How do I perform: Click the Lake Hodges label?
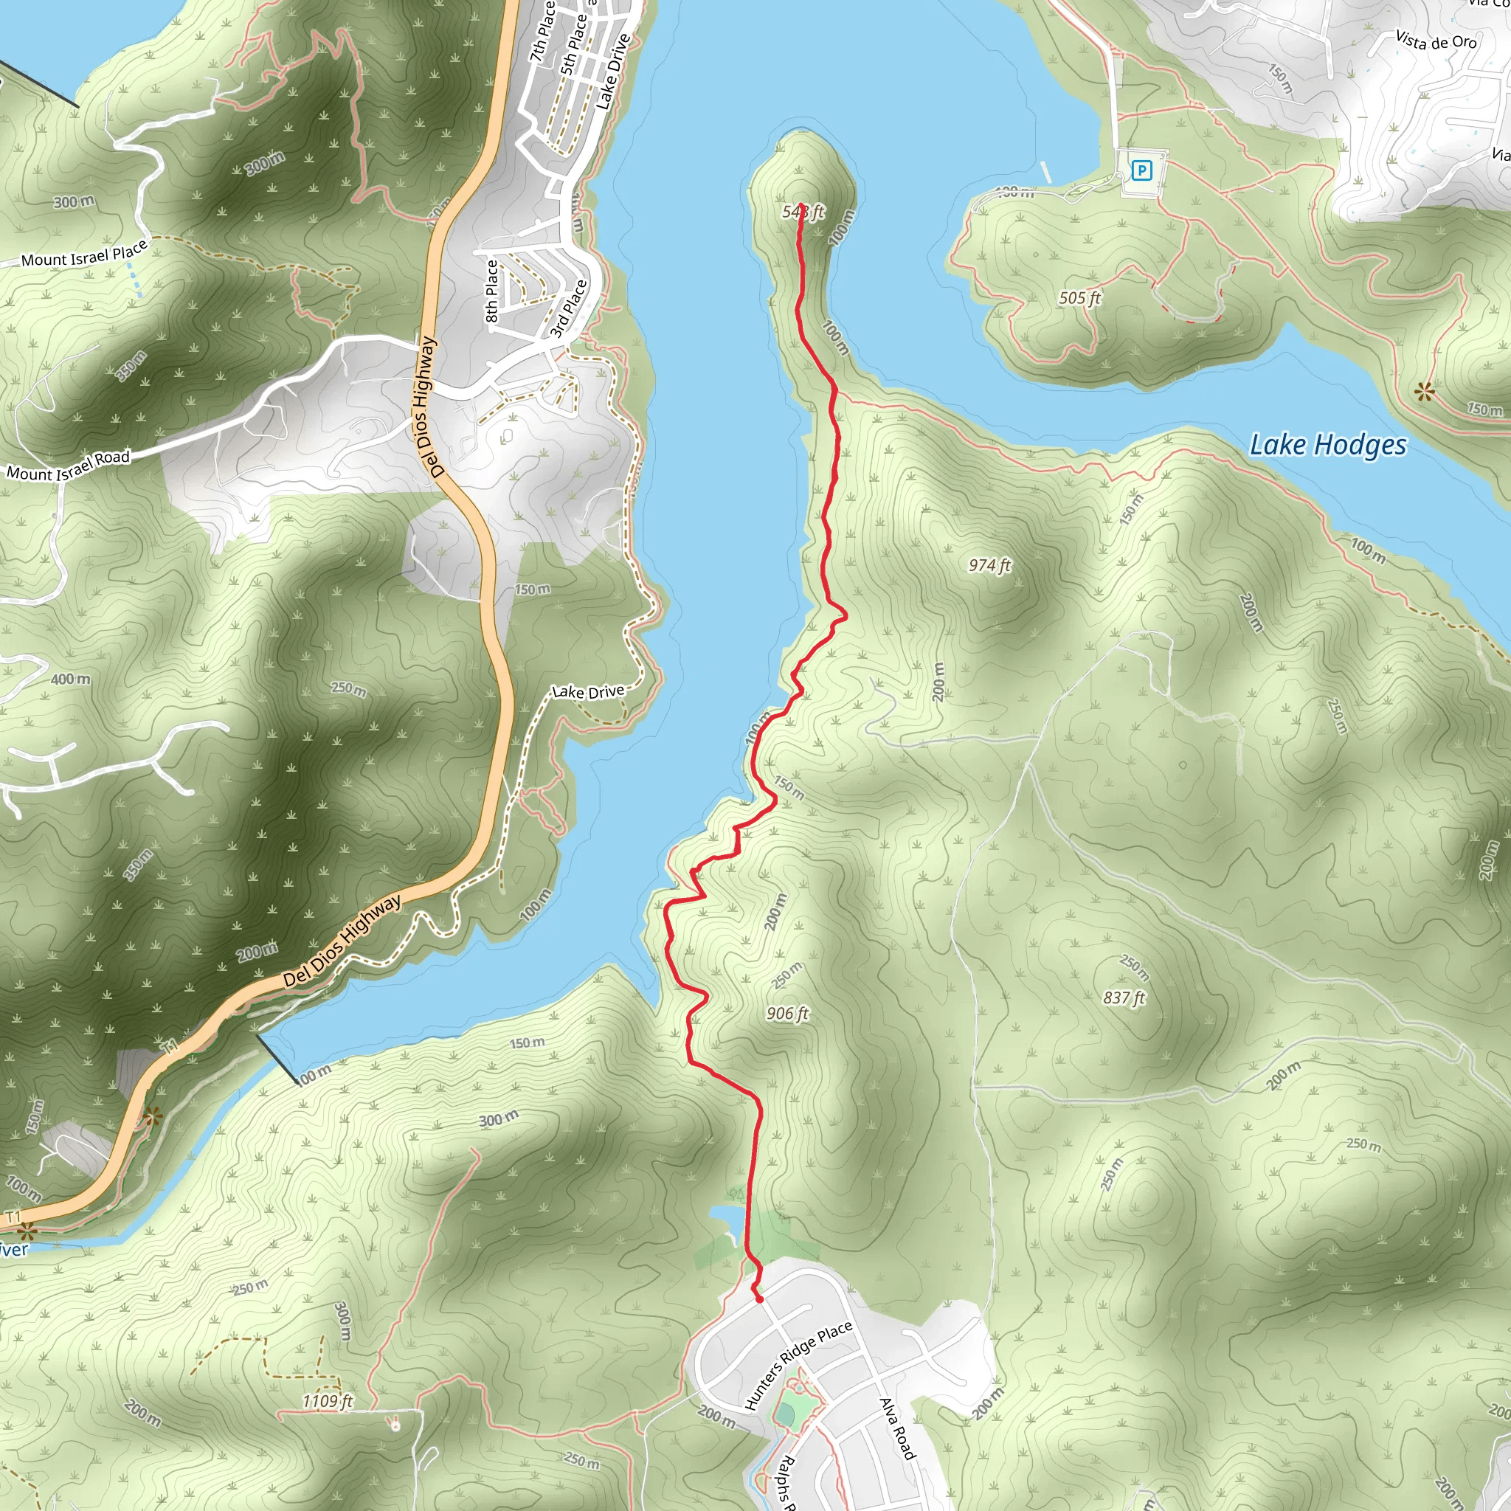coord(1327,445)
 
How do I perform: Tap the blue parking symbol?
coord(1142,170)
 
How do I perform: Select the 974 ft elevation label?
coord(989,564)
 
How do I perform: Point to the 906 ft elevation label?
coord(786,1014)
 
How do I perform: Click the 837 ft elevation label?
coord(1124,997)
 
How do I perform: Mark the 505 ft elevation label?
coord(1079,298)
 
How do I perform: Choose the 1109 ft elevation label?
coord(328,1401)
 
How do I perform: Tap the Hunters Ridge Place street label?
coord(798,1366)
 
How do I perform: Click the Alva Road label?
coord(897,1428)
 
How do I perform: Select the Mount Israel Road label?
coord(68,466)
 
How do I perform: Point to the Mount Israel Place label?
coord(83,255)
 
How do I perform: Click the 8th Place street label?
coord(491,291)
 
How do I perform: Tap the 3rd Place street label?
coord(569,309)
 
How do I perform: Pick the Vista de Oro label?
coord(1436,41)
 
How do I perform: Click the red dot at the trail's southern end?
coord(758,1299)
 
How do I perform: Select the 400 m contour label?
coord(70,679)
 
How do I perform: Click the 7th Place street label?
coord(542,31)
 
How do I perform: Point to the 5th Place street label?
coord(573,44)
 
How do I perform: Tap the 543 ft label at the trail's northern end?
coord(803,212)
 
